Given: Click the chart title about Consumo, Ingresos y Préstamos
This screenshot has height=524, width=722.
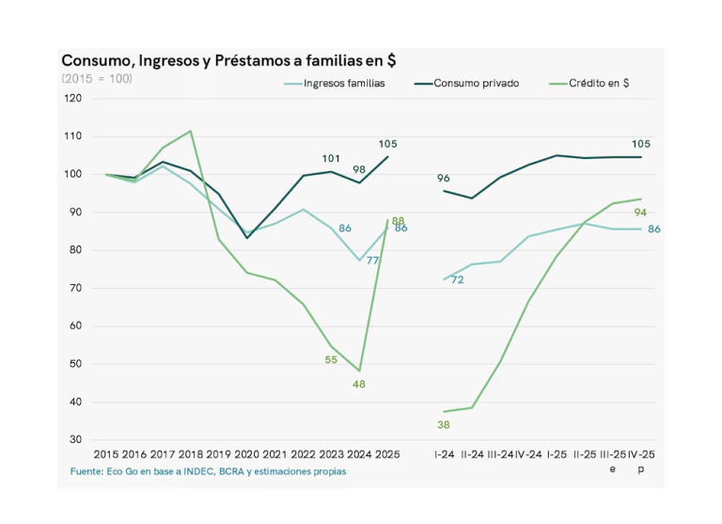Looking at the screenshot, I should (x=228, y=60).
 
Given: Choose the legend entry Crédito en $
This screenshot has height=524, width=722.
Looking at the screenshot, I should (x=599, y=83).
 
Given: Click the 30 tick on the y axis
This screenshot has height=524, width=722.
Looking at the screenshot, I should (x=75, y=440).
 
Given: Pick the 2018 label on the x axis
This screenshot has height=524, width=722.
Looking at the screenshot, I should (x=190, y=454).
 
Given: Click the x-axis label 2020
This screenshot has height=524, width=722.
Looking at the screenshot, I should (x=247, y=454).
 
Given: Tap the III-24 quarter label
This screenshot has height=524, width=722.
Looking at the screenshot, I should (x=499, y=454).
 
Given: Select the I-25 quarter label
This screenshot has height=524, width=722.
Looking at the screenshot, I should (x=558, y=454).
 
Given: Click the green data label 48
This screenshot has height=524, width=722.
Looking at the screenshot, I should (x=359, y=384).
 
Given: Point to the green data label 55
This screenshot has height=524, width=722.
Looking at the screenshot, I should (x=331, y=360).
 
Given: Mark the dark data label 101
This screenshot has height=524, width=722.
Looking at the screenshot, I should (x=331, y=158).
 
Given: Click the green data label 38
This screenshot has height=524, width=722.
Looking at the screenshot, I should (x=444, y=425).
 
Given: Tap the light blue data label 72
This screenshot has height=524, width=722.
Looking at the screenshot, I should (x=457, y=279).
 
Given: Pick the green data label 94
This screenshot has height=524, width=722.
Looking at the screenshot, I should (x=641, y=213).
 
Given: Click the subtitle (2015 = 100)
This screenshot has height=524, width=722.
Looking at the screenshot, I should (x=97, y=78).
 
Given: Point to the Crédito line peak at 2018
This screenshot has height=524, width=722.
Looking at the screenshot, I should (x=191, y=131).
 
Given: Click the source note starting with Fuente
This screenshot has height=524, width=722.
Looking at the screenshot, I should (x=208, y=470).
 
